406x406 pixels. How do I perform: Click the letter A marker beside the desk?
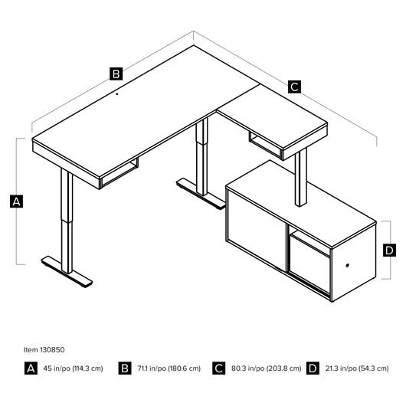(x=16, y=201)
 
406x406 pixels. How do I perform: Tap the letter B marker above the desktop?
(x=116, y=74)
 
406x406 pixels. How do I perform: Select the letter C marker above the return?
(x=294, y=87)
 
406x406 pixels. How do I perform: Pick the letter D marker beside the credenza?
(x=389, y=250)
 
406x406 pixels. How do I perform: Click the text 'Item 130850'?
(x=44, y=350)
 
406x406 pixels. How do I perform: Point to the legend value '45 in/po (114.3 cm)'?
(x=73, y=368)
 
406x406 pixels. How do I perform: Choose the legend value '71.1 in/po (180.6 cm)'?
(x=169, y=368)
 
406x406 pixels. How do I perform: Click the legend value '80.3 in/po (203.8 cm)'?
(x=266, y=368)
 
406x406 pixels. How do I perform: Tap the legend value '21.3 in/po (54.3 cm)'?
(x=357, y=368)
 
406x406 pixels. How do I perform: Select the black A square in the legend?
(x=31, y=368)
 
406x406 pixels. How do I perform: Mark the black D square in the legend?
(x=313, y=368)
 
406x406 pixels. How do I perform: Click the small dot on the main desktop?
(x=117, y=94)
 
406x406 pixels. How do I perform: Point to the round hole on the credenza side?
(x=347, y=265)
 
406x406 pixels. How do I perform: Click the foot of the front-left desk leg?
(x=67, y=272)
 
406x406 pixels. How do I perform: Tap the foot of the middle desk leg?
(x=201, y=193)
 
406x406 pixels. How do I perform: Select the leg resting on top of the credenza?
(x=301, y=178)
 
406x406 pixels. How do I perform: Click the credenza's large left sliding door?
(x=257, y=231)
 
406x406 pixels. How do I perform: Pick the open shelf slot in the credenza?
(x=309, y=240)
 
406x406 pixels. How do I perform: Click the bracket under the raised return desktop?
(x=265, y=145)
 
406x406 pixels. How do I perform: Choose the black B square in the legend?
(x=125, y=368)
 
